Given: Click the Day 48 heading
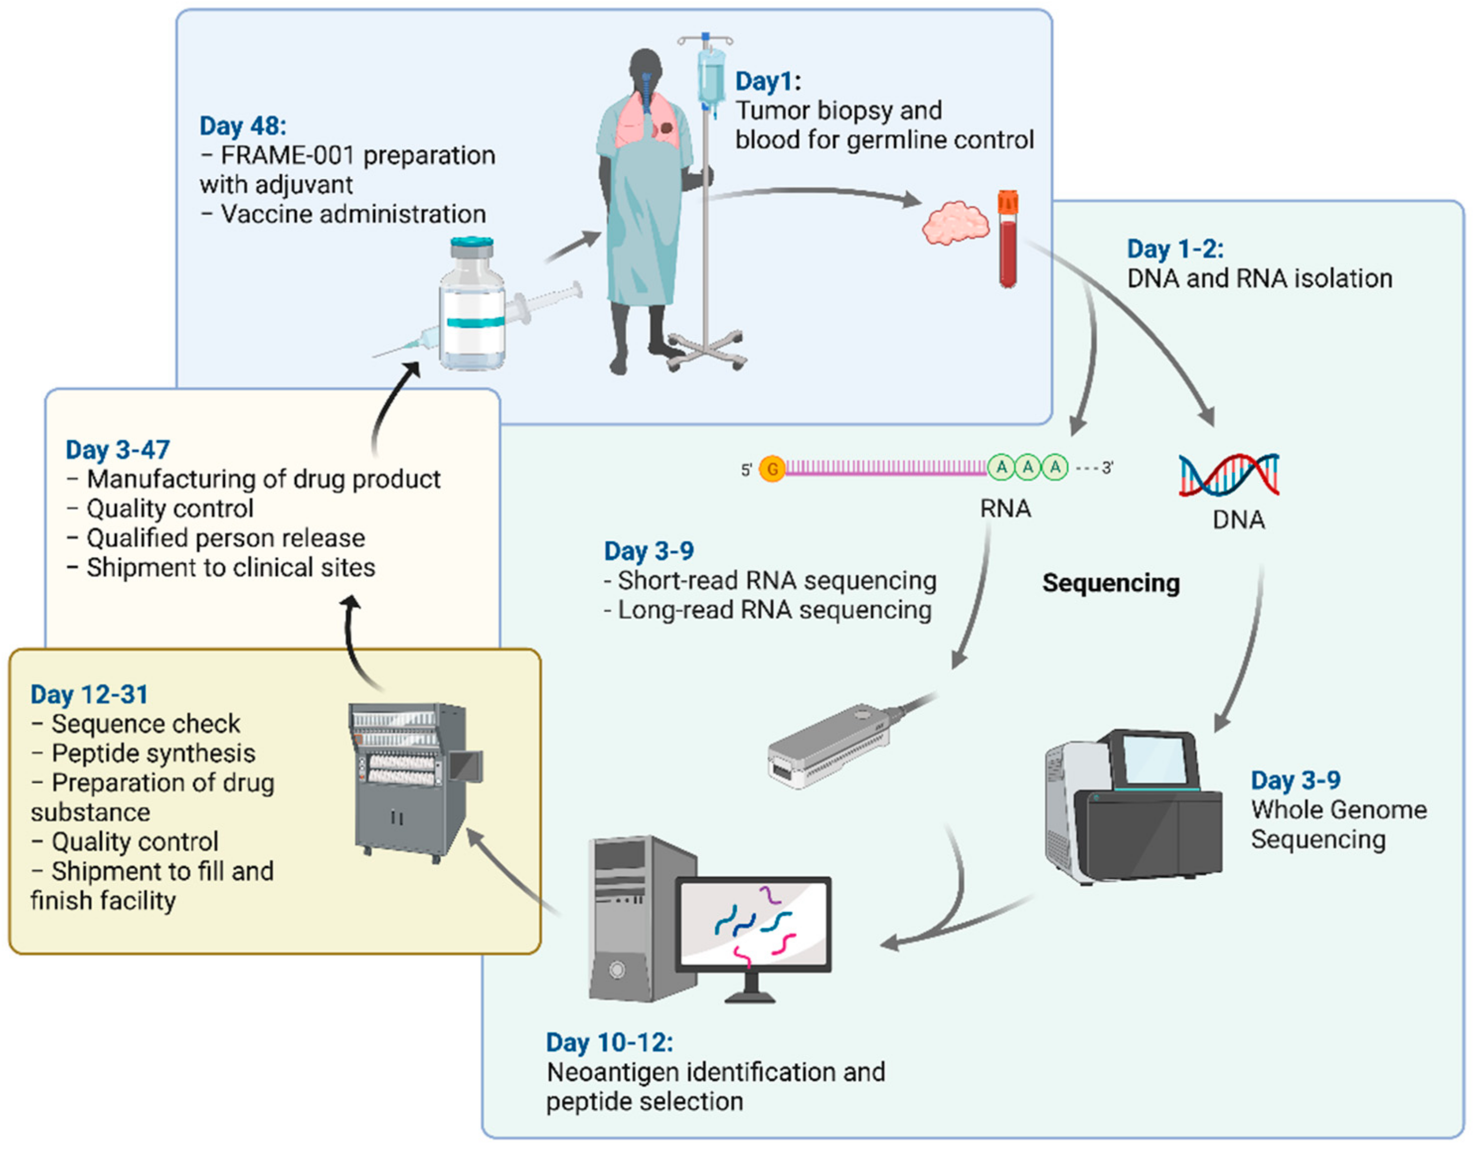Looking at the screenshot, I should coord(243,126).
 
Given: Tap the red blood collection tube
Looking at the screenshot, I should coord(1008,240).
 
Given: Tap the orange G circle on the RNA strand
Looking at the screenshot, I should coord(772,468).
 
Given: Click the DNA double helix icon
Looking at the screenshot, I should coord(1229,474).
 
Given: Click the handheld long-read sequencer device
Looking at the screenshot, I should coord(831,747).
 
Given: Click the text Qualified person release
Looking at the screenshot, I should coord(225,538).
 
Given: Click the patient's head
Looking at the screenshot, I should coord(646,68).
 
